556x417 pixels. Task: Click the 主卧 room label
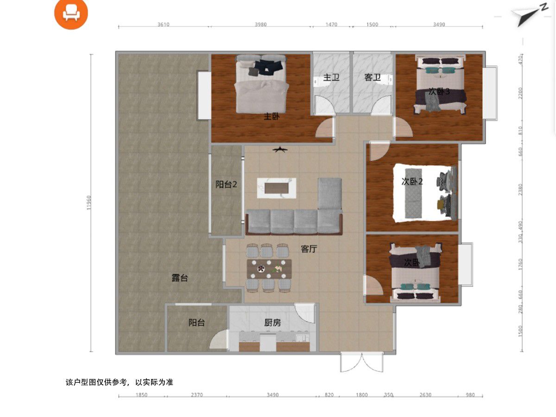point(272,116)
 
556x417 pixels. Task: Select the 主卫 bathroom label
point(331,77)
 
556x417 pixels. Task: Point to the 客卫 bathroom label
point(373,77)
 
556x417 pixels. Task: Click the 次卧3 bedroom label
point(439,91)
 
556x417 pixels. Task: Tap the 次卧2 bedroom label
point(412,182)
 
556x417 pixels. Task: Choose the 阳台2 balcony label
point(226,184)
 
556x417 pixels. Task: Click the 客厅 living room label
point(309,249)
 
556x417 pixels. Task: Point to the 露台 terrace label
point(180,278)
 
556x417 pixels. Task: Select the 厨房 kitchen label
point(272,322)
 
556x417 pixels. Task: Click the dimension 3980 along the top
point(261,24)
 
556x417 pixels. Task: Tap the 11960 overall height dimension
point(88,202)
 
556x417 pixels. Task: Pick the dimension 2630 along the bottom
point(425,395)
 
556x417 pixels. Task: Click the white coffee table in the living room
point(277,188)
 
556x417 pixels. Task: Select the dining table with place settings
point(269,269)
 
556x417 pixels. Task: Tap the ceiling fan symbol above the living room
point(280,150)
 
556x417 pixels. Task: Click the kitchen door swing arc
point(305,314)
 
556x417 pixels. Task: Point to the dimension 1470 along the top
point(331,24)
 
